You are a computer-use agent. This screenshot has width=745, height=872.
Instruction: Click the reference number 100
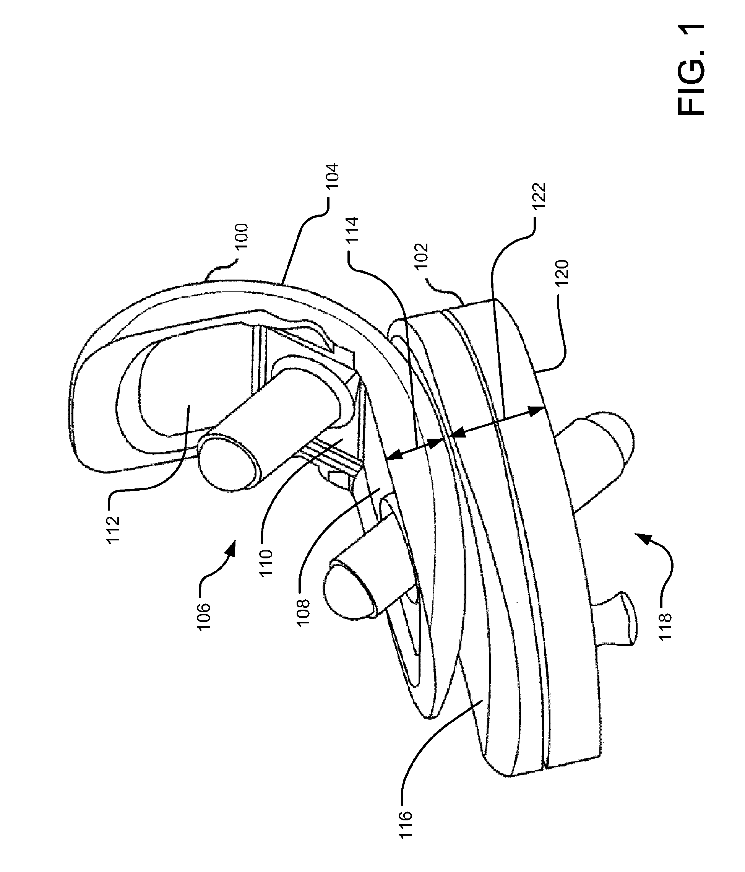[x=243, y=238]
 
